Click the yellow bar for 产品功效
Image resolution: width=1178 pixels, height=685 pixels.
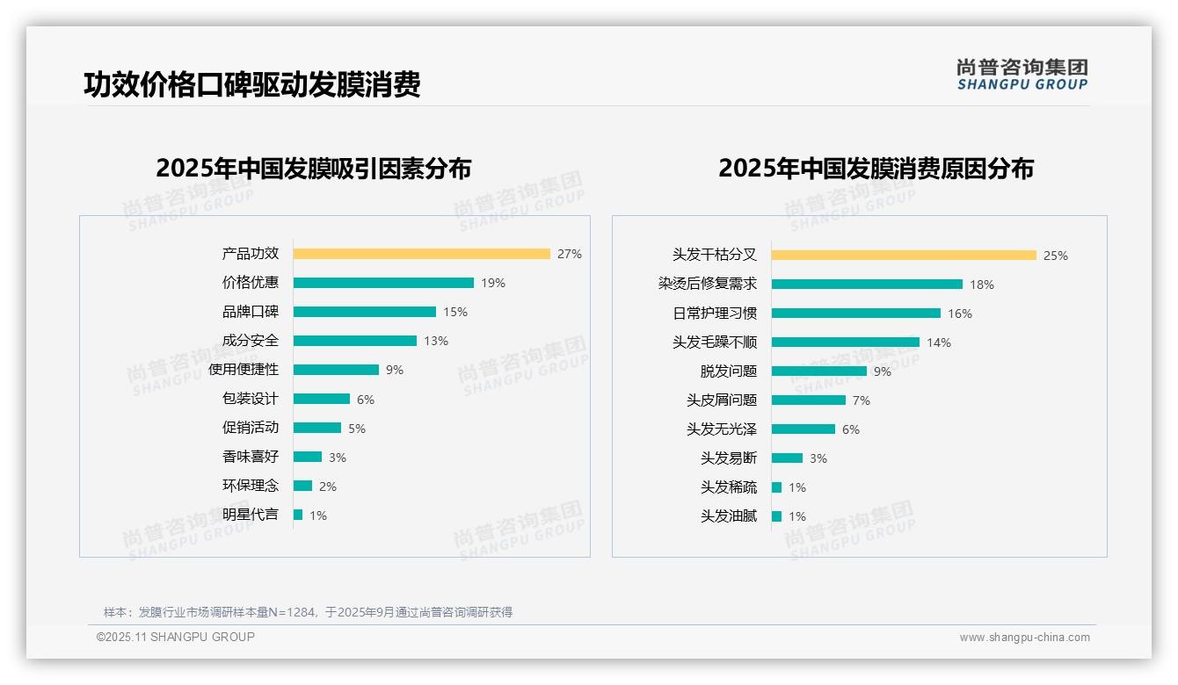click(x=421, y=254)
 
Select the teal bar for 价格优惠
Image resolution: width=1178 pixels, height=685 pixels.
click(x=383, y=283)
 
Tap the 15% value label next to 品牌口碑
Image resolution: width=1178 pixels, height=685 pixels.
click(x=455, y=312)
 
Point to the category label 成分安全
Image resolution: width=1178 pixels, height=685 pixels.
click(x=250, y=341)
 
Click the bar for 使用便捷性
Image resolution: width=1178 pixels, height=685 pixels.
click(x=336, y=370)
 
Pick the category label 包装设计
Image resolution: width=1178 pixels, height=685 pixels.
click(x=250, y=399)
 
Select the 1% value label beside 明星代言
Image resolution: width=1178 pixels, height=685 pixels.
click(x=318, y=516)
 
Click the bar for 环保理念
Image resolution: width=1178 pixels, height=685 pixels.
click(x=302, y=486)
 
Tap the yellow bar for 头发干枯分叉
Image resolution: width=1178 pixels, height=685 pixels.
click(x=904, y=256)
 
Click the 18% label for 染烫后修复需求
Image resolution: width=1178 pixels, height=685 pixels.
click(x=982, y=285)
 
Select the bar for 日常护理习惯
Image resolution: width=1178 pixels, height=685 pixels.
click(x=855, y=314)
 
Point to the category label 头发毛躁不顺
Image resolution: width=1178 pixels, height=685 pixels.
click(x=714, y=342)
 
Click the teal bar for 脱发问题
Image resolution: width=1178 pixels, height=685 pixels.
click(x=818, y=371)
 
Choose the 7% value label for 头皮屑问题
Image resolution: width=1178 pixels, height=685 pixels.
click(x=862, y=400)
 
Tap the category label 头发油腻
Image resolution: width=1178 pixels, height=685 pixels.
click(x=728, y=516)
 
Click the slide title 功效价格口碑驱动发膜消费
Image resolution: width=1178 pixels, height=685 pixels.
click(x=252, y=84)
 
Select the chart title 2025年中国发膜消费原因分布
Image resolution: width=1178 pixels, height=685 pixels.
click(x=876, y=169)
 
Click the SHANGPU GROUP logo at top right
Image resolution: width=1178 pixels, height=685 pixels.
click(x=1022, y=75)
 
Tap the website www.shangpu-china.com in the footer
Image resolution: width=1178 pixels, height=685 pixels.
click(x=1024, y=638)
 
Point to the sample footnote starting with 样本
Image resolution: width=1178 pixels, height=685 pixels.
click(x=308, y=612)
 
